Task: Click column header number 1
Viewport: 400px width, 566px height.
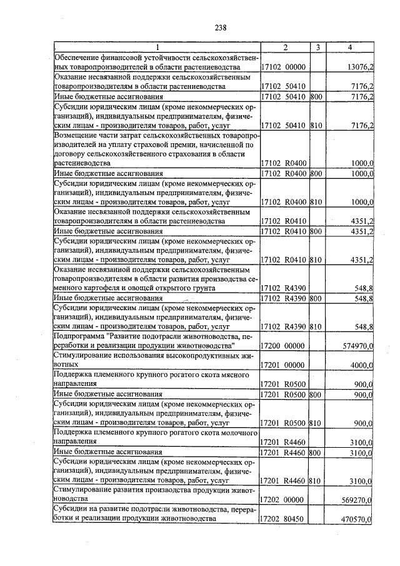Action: click(157, 48)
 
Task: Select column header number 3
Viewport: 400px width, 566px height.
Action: click(317, 48)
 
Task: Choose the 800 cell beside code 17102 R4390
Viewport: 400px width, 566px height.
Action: click(316, 298)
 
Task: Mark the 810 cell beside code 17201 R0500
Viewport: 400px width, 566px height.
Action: click(316, 423)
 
